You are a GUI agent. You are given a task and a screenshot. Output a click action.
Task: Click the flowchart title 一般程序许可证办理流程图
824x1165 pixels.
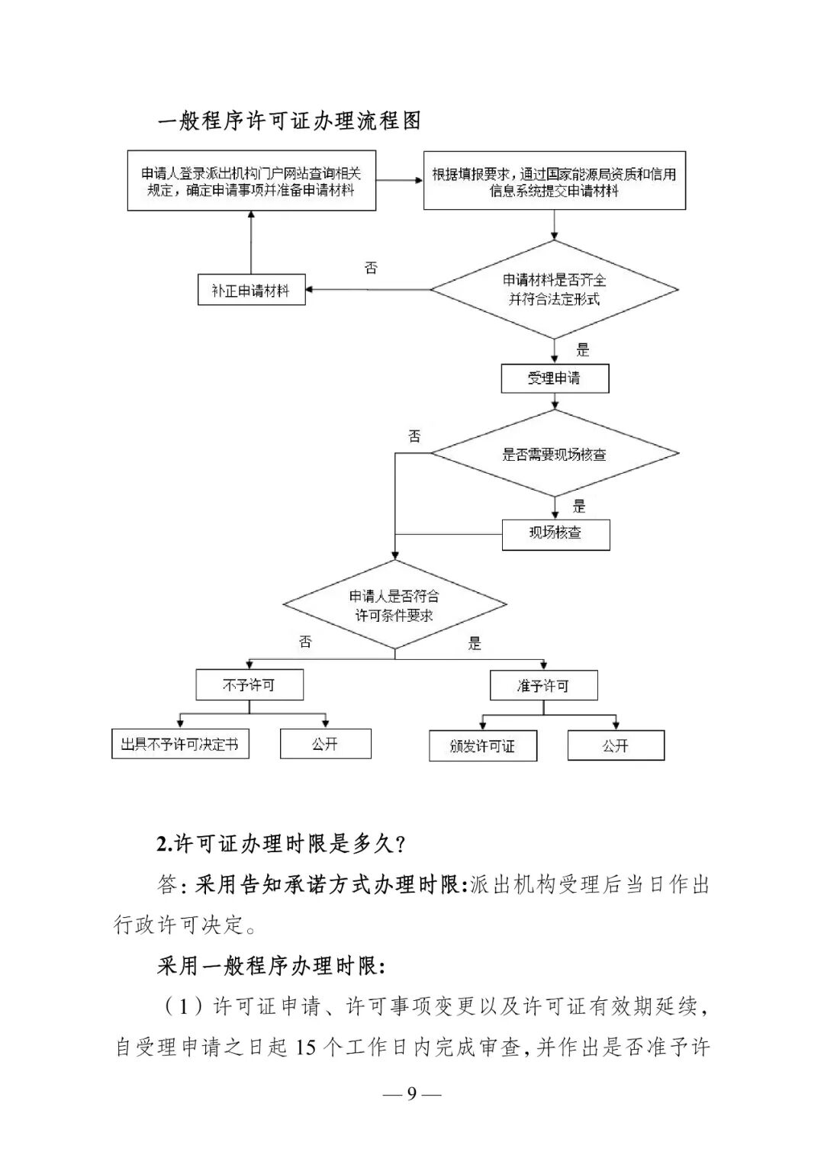point(289,121)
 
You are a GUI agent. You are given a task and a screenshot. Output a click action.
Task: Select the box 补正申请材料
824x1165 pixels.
point(251,290)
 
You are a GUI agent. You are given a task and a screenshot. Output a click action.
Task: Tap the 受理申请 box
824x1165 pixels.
point(555,378)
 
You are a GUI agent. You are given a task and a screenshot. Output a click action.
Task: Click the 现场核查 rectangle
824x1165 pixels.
point(555,534)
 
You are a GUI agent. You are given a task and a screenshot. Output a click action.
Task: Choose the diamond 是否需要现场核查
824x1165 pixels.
point(555,454)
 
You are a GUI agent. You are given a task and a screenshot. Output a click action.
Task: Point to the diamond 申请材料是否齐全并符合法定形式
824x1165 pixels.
point(555,290)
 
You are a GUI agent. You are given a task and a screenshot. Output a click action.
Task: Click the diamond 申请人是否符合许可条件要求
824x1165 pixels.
point(394,606)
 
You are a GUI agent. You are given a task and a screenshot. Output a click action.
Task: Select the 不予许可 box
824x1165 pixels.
point(249,685)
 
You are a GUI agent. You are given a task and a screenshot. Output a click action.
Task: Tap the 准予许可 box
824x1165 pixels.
point(543,686)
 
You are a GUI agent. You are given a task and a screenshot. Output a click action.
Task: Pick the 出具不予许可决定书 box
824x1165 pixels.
point(180,744)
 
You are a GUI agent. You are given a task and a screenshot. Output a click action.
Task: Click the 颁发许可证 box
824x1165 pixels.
point(483,746)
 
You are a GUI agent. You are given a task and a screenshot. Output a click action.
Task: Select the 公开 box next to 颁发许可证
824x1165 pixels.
point(616,745)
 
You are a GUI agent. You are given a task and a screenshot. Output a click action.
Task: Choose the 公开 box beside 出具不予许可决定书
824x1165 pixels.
point(325,744)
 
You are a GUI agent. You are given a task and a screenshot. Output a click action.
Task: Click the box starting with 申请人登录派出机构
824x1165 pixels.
point(251,182)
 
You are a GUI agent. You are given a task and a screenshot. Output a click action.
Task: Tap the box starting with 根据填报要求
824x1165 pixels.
point(555,182)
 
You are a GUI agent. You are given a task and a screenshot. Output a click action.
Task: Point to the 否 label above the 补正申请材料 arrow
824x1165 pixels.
point(371,268)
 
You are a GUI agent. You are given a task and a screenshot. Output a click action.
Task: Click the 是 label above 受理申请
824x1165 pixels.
point(583,350)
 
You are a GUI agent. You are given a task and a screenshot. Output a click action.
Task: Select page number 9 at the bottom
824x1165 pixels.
point(412,1095)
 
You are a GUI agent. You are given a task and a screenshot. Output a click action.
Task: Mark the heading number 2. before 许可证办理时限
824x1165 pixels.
point(164,844)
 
